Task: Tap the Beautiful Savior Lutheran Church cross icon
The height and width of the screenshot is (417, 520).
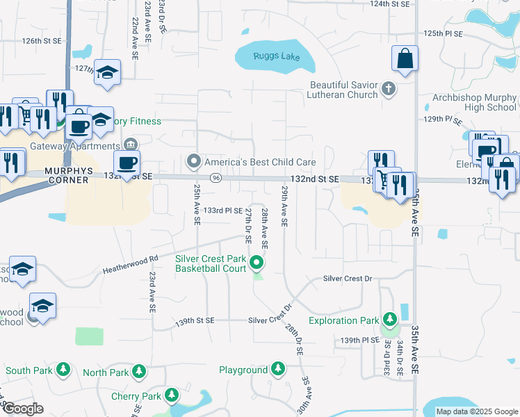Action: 389,89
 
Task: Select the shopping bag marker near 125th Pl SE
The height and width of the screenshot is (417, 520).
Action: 405,60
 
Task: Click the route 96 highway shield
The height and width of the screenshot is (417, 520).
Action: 216,179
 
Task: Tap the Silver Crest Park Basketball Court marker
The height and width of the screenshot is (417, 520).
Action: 257,263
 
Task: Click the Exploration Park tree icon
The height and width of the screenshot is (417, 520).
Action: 390,320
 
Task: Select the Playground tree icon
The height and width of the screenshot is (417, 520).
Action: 278,368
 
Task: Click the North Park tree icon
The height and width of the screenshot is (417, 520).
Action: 139,372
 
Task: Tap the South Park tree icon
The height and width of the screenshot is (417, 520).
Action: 63,368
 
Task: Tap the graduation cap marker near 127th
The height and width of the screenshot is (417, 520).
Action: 107,73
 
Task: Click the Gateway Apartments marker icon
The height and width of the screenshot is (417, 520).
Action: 130,145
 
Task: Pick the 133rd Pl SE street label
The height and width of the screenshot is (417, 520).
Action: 222,211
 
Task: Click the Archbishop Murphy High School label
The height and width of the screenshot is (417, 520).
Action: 475,103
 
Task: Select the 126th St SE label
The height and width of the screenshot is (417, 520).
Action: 42,41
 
